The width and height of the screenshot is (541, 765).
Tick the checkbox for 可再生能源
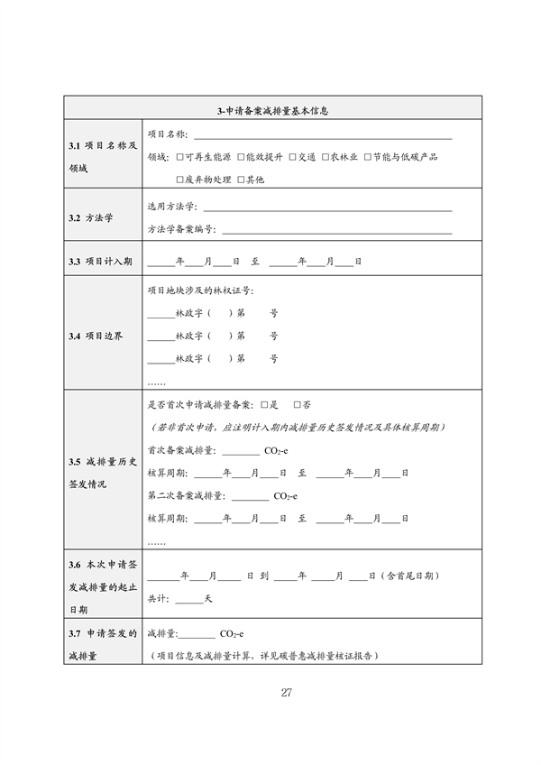pyautogui.click(x=182, y=157)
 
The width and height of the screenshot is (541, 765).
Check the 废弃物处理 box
pyautogui.click(x=182, y=180)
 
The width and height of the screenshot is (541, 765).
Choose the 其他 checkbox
pyautogui.click(x=240, y=180)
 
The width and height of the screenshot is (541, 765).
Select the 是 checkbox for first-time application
pyautogui.click(x=265, y=405)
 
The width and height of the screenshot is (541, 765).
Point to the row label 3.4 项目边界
pyautogui.click(x=96, y=336)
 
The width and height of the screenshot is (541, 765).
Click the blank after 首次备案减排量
pyautogui.click(x=240, y=452)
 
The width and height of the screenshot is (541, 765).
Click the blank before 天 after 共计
pyautogui.click(x=189, y=602)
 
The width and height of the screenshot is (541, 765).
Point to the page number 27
pyautogui.click(x=286, y=693)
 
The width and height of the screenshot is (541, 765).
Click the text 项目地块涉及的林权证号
pyautogui.click(x=199, y=290)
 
